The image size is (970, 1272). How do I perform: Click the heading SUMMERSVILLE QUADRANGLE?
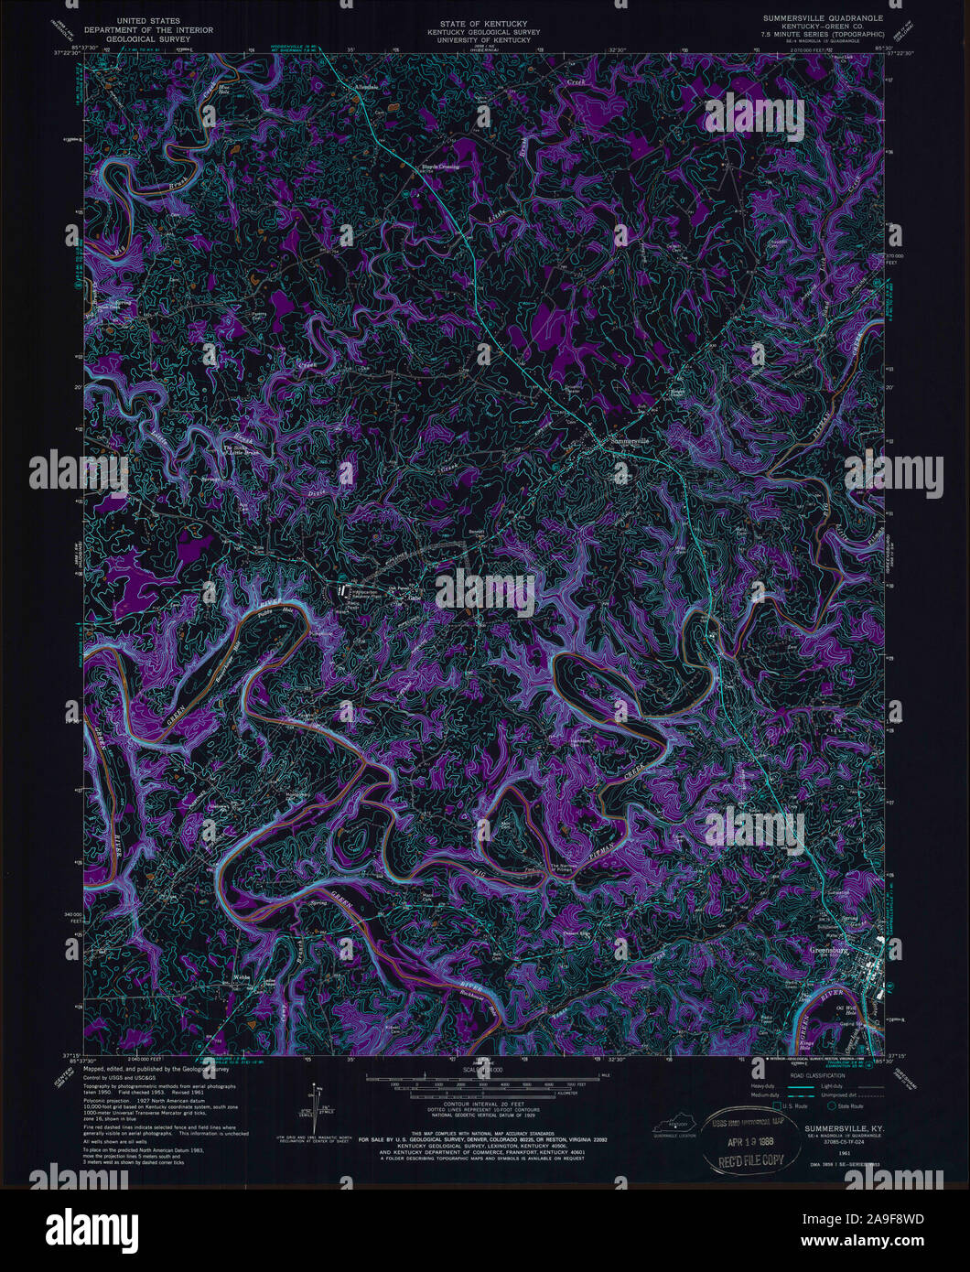click(x=820, y=17)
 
